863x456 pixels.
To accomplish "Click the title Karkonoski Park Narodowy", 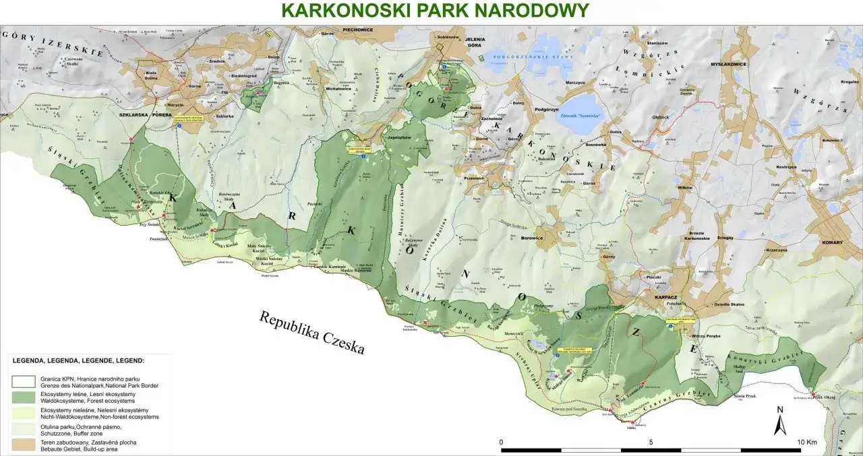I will (x=435, y=10).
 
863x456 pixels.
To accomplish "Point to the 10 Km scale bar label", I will (x=807, y=442).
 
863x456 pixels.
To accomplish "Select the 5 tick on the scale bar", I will (x=651, y=442).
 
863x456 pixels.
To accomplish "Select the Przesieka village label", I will (x=476, y=178).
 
